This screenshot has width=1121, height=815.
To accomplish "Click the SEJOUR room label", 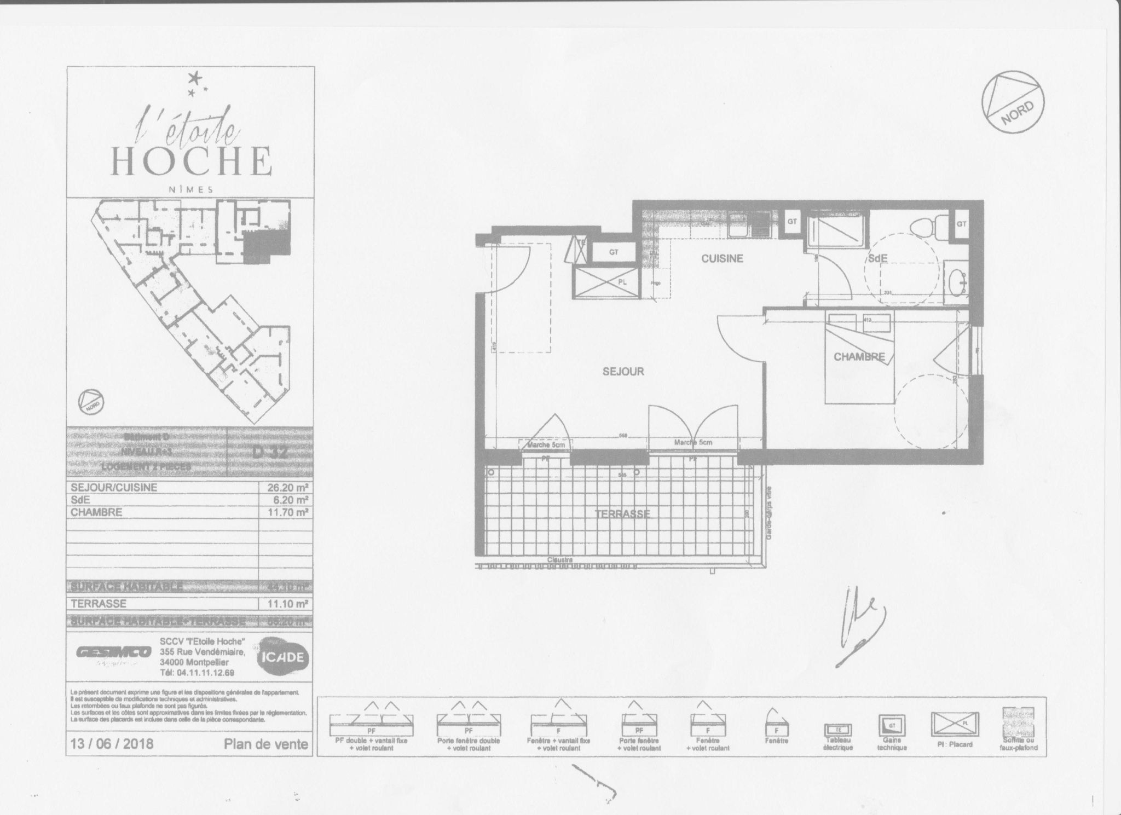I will (x=623, y=372).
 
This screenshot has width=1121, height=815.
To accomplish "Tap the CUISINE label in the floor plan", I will (x=723, y=258).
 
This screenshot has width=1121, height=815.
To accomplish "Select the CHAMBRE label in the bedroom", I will (x=859, y=357).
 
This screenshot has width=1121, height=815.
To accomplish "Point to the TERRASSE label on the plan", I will (x=623, y=513).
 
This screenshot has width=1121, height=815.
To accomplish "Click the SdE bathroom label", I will (x=877, y=258).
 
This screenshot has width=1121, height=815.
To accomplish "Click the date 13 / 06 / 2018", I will (x=112, y=744).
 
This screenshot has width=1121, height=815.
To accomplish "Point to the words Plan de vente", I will (x=266, y=744).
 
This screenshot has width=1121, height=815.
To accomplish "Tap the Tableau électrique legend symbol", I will (x=838, y=730).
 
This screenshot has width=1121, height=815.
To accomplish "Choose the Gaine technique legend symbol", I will (x=892, y=727).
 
